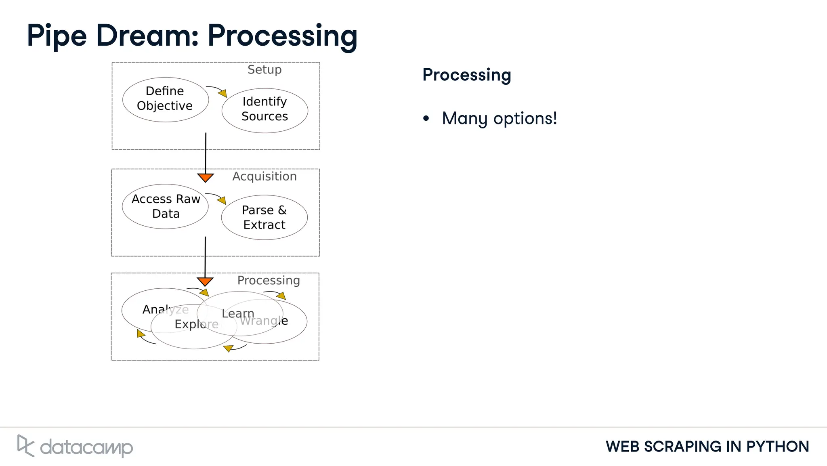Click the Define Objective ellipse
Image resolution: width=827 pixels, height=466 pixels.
165,99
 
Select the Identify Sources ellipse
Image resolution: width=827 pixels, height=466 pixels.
264,110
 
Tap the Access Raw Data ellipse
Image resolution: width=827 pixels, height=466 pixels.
165,206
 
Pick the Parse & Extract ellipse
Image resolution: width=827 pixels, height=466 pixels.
264,218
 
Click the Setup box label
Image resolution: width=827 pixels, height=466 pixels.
264,70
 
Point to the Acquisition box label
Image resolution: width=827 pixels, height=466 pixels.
264,176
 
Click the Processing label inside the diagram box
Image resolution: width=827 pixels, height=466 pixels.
269,281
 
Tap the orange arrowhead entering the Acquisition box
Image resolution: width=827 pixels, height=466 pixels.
205,178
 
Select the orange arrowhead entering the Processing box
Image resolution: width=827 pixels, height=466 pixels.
205,281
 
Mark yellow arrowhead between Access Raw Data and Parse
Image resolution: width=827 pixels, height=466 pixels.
222,200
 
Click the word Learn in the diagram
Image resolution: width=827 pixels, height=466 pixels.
238,313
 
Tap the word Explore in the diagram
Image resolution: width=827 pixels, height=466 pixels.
197,324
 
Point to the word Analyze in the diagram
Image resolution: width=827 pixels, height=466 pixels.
166,310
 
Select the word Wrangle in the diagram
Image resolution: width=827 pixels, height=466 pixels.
264,321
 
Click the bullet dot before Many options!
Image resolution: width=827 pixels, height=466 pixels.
426,119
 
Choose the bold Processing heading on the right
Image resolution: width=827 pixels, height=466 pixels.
466,75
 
